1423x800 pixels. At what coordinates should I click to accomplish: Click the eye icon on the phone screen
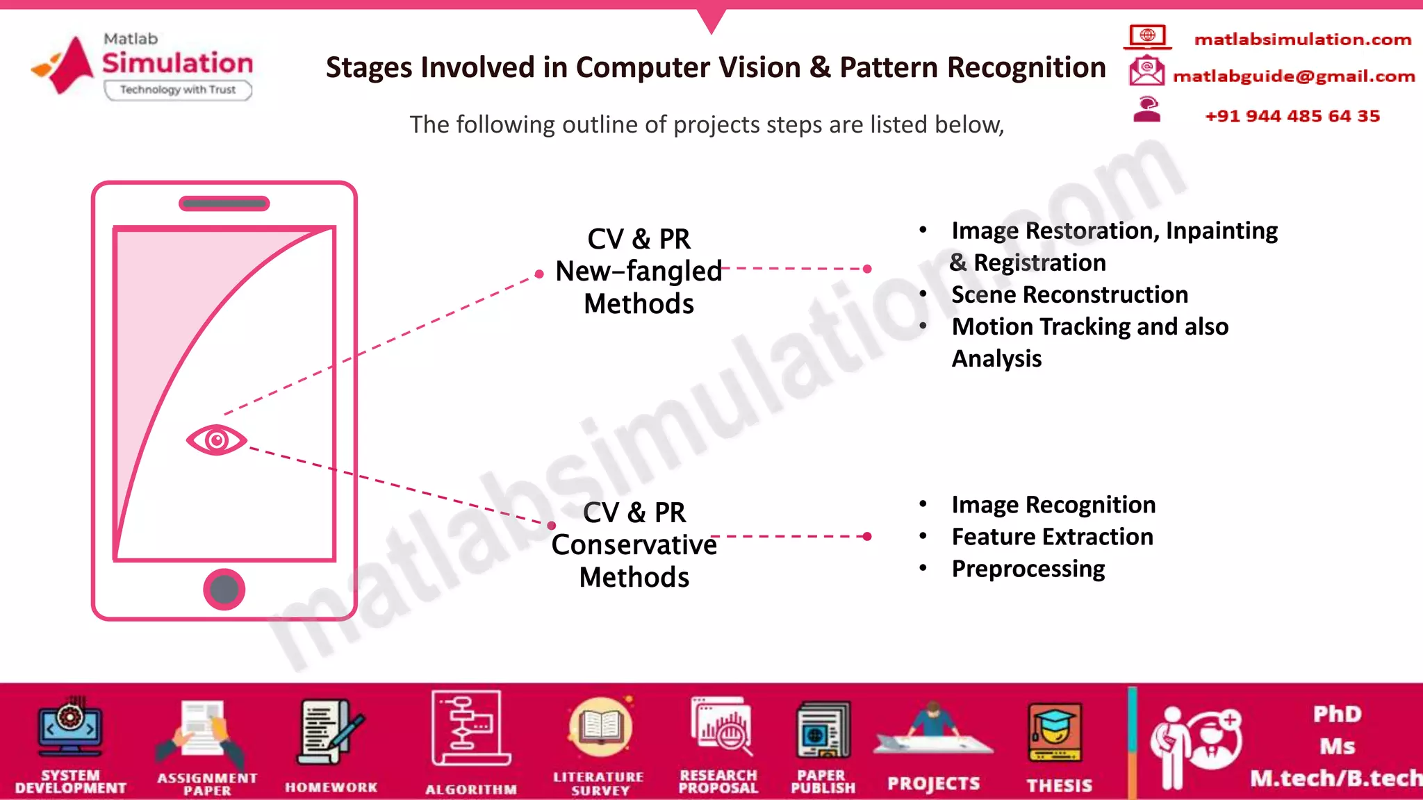[216, 440]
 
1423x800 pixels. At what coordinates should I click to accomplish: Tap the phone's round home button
[224, 590]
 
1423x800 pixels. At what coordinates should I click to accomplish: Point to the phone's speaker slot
[224, 203]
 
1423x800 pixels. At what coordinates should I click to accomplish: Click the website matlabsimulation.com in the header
[1302, 40]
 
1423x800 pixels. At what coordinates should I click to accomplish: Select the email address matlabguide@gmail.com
[1294, 76]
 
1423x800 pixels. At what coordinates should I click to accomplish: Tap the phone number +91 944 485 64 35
[1292, 116]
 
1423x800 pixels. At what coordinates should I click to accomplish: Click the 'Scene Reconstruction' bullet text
[1069, 294]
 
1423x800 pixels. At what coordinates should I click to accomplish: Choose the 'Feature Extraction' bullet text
[1052, 537]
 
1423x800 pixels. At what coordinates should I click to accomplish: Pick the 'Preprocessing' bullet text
[1028, 569]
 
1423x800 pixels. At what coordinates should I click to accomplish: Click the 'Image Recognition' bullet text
[1053, 505]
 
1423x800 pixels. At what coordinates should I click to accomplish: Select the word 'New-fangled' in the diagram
[639, 271]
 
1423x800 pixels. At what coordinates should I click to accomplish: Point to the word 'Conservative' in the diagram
[634, 545]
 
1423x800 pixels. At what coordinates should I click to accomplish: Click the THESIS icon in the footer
[1055, 733]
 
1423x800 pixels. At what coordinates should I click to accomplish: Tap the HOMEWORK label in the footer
[331, 787]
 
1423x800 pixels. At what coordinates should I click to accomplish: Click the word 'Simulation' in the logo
[178, 63]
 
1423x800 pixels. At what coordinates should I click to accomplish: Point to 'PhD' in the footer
[1337, 714]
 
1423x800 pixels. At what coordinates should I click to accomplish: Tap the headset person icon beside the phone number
[1147, 110]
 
